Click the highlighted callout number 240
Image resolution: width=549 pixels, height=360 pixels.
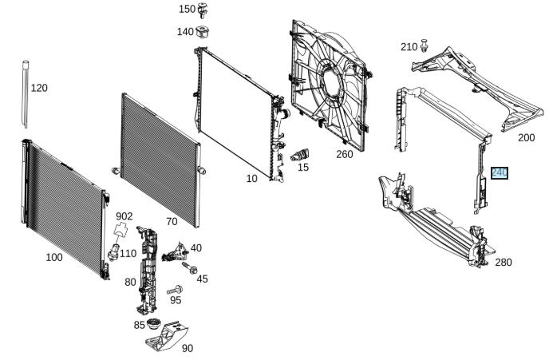[500, 173]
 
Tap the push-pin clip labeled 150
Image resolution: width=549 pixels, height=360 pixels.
[202, 10]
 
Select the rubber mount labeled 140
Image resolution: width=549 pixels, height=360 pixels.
[202, 32]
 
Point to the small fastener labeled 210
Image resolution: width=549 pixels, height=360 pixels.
[424, 45]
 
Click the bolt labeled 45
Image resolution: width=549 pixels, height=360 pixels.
[189, 268]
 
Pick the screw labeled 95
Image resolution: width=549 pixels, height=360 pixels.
[175, 291]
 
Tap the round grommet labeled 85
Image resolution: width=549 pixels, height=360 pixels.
[153, 323]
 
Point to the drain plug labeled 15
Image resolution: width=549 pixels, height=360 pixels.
[300, 155]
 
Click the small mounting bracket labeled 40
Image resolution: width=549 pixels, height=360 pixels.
[175, 253]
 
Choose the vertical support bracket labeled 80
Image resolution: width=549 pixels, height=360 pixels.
[147, 270]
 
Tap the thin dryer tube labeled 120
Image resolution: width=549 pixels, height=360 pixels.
[26, 94]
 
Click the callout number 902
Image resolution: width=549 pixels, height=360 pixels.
[124, 216]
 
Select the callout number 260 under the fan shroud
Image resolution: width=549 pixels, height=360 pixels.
[345, 154]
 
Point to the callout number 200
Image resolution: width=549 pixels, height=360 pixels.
[526, 138]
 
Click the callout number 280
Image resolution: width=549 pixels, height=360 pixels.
[504, 263]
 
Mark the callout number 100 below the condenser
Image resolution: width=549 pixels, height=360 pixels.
[54, 257]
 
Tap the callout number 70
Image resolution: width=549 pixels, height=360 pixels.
[172, 222]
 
